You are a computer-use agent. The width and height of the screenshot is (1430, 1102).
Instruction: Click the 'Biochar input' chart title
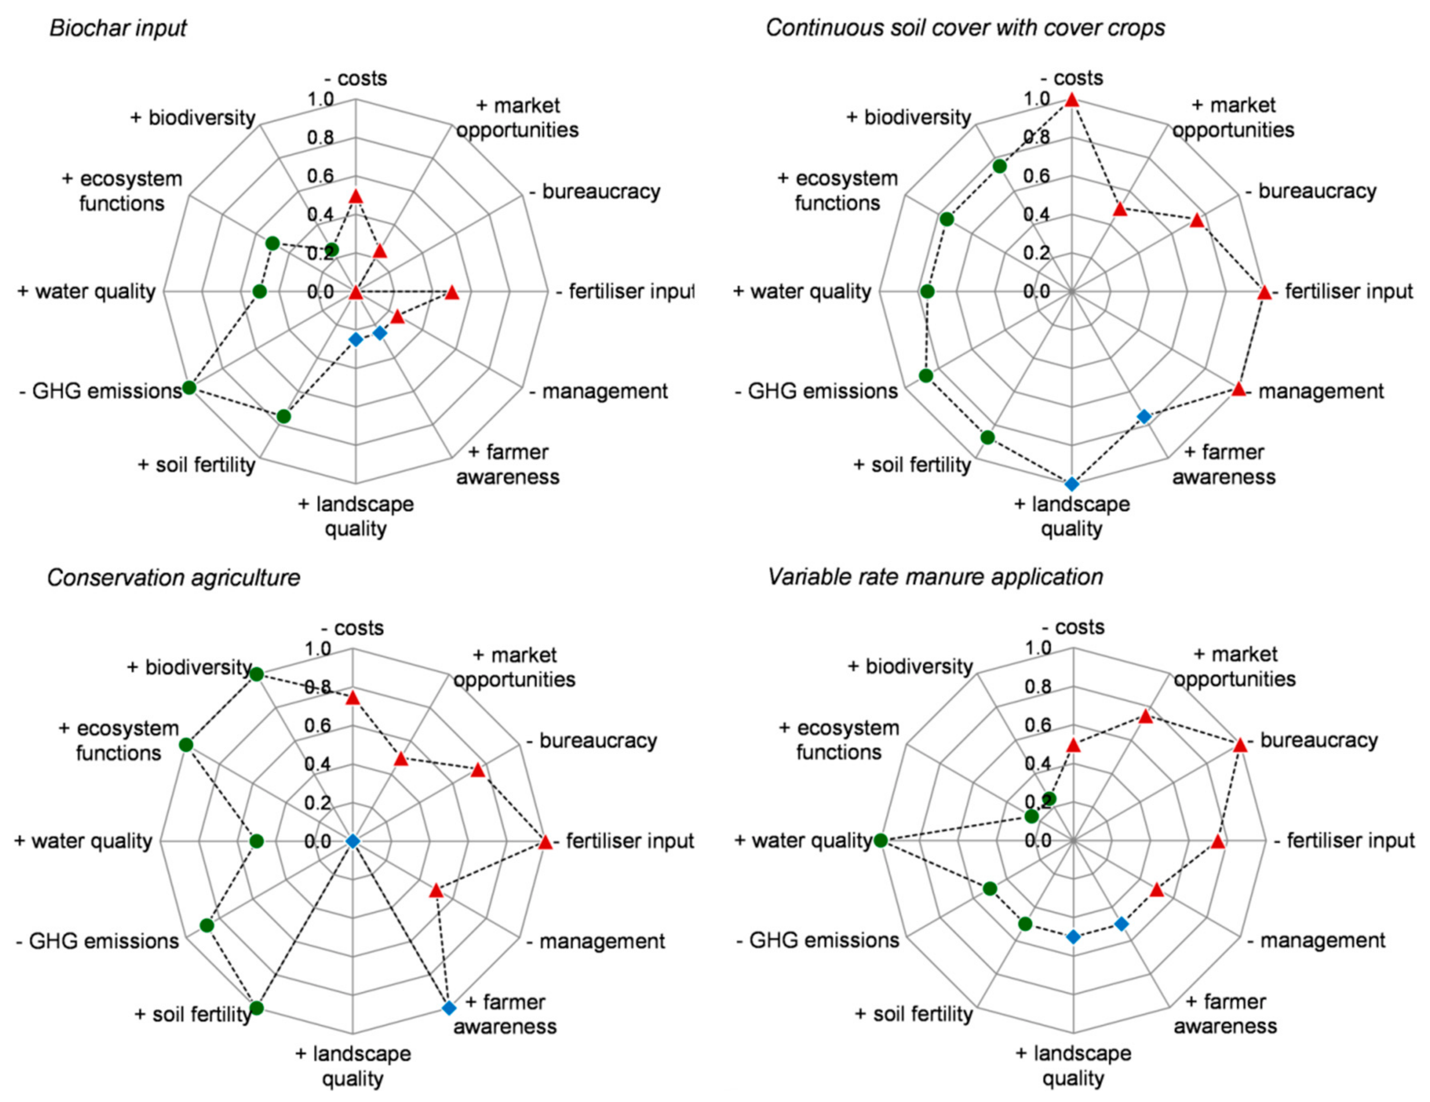[118, 28]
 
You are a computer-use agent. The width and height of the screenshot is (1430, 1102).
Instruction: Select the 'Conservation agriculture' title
[173, 578]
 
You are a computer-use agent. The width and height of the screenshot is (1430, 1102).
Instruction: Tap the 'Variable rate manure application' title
[935, 577]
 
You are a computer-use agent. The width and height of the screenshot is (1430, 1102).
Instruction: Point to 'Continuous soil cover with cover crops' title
[965, 28]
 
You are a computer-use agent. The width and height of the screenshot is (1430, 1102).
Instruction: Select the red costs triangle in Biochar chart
[355, 196]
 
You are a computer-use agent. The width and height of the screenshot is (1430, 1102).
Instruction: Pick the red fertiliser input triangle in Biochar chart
[452, 293]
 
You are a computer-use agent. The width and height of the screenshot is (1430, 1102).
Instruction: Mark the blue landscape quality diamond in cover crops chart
[1071, 484]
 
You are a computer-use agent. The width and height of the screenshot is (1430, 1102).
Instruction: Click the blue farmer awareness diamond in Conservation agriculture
[448, 1007]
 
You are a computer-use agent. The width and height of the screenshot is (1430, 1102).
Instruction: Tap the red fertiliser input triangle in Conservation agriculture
[545, 842]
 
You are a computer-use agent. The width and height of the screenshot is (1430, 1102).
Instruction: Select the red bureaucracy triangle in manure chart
[1239, 745]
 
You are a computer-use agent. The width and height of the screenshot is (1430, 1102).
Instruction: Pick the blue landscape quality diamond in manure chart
[1073, 937]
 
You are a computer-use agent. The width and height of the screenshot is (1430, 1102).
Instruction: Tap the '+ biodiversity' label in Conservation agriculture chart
[189, 667]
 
